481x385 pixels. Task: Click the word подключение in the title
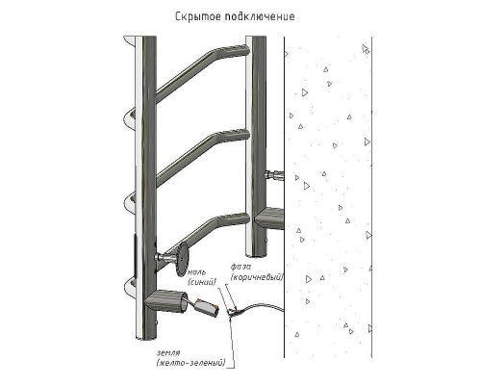[x=260, y=16]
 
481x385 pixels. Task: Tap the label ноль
[x=197, y=272]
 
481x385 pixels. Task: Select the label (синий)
[x=202, y=282]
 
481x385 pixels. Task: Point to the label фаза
[x=240, y=267]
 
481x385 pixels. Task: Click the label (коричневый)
[x=257, y=277]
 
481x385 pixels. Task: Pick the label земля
[x=168, y=353]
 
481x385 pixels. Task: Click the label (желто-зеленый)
[x=191, y=363]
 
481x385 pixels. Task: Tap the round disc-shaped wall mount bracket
[x=183, y=259]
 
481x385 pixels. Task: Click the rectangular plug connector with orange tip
[x=207, y=307]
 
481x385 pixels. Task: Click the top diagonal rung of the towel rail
[x=202, y=73]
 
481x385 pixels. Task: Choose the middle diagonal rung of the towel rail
[x=202, y=157]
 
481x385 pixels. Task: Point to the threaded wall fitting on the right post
[x=274, y=175]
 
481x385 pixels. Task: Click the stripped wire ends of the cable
[x=232, y=311]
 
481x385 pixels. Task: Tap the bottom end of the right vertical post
[x=256, y=255]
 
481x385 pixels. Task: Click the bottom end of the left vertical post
[x=146, y=338]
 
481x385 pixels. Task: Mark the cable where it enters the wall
[x=283, y=310]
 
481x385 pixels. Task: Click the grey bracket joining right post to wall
[x=268, y=219]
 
